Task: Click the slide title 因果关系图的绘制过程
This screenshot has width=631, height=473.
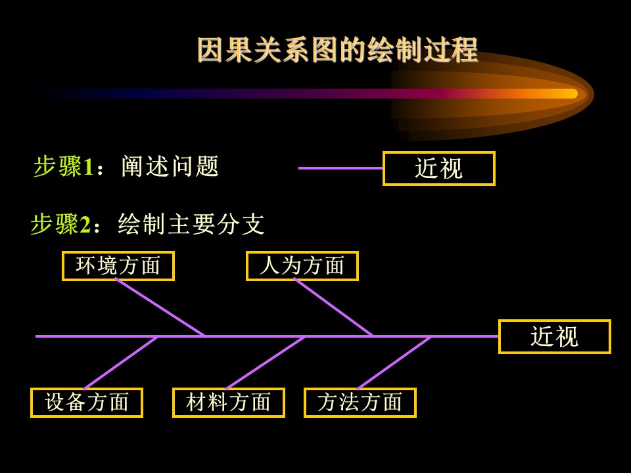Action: pyautogui.click(x=337, y=50)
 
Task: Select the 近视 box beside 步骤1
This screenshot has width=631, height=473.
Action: pyautogui.click(x=438, y=169)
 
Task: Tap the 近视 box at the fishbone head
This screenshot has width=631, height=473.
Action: pyautogui.click(x=555, y=336)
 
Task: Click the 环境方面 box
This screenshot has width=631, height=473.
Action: pyautogui.click(x=118, y=266)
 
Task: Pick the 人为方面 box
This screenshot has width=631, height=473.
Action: pyautogui.click(x=302, y=266)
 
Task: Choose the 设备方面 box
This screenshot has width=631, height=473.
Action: pyautogui.click(x=87, y=403)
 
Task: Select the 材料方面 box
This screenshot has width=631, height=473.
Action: pyautogui.click(x=229, y=403)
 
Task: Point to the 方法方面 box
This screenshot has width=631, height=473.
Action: pyautogui.click(x=360, y=403)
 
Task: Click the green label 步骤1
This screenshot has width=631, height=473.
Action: pyautogui.click(x=64, y=166)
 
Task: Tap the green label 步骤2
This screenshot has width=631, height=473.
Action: pyautogui.click(x=60, y=224)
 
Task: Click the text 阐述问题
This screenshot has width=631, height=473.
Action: pyautogui.click(x=170, y=166)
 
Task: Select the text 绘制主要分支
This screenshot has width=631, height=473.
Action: pyautogui.click(x=191, y=224)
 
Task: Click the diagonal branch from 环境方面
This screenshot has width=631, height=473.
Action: pyautogui.click(x=160, y=307)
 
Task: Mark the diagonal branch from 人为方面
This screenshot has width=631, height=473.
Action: pyautogui.click(x=333, y=307)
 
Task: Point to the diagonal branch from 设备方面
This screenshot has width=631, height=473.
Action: pyautogui.click(x=121, y=363)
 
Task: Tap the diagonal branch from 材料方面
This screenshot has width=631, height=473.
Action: pyautogui.click(x=265, y=363)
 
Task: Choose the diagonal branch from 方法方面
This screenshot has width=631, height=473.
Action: pyautogui.click(x=394, y=363)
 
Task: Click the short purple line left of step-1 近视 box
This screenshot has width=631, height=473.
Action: pyautogui.click(x=340, y=168)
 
